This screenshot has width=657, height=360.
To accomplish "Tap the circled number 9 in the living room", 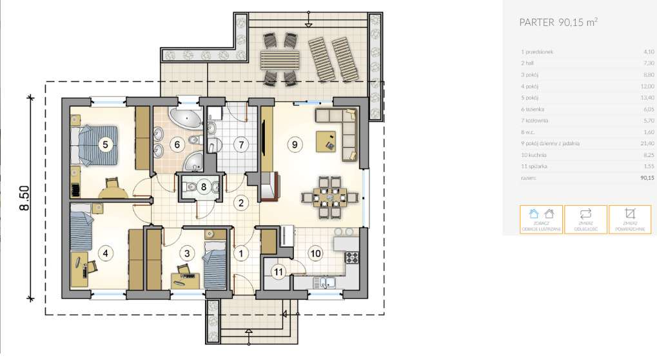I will (x=294, y=145).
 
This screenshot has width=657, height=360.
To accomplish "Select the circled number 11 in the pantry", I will (x=278, y=272).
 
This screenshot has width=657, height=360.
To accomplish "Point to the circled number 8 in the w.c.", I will (x=203, y=187).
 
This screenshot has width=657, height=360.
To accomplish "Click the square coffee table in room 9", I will (x=326, y=140).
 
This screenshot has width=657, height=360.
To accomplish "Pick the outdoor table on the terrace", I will (x=280, y=61).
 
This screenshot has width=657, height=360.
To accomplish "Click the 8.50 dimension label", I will (x=24, y=198).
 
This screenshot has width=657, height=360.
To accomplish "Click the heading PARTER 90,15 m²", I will (x=558, y=22).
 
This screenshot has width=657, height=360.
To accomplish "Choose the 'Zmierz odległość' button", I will (x=585, y=219).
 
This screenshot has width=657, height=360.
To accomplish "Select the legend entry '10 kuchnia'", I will (x=534, y=155).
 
